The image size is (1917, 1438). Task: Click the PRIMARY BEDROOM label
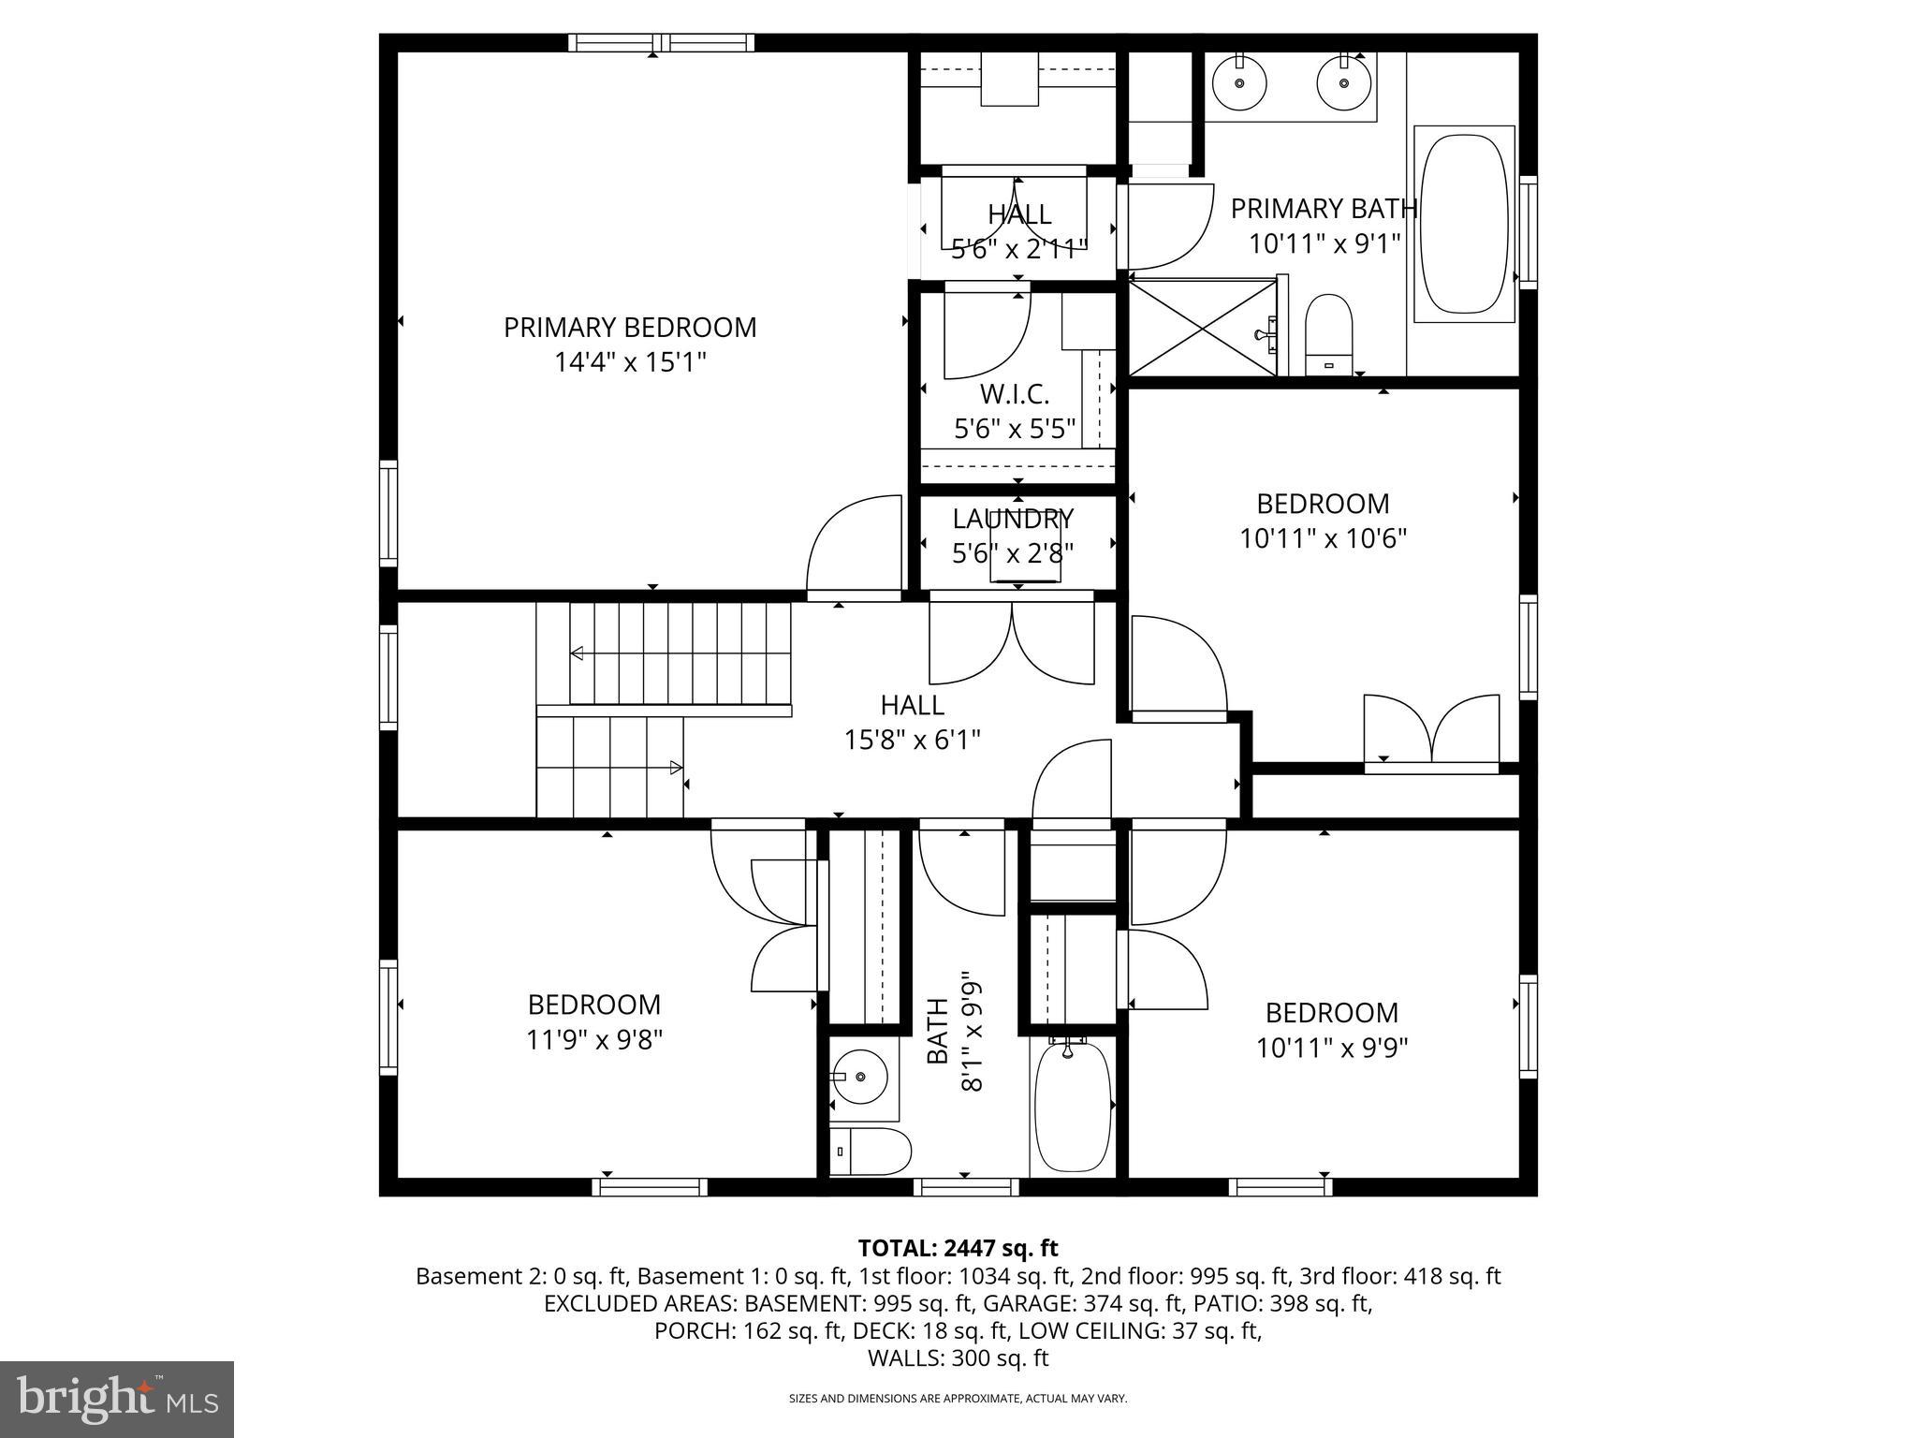pos(629,328)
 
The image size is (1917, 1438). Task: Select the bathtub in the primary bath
pos(1464,224)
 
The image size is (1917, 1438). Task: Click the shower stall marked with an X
pos(1202,328)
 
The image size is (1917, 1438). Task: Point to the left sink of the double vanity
pos(1239,82)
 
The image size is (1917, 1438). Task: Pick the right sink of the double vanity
pos(1343,82)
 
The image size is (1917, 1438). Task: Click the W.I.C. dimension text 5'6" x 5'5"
pos(1015,430)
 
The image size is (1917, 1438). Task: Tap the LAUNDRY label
pos(1013,519)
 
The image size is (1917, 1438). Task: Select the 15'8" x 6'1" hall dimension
pos(912,741)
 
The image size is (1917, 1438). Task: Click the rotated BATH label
pos(938,1031)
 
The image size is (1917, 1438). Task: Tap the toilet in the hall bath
pos(870,1151)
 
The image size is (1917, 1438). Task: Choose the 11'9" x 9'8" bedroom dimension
pos(594,1040)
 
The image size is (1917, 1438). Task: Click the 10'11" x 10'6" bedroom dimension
pos(1323,539)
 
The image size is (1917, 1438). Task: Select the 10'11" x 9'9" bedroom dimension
pos(1331,1048)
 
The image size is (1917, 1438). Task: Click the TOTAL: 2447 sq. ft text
pos(958,1248)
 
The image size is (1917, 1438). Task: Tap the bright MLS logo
pos(117,1398)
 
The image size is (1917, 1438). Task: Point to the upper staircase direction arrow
pos(578,653)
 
